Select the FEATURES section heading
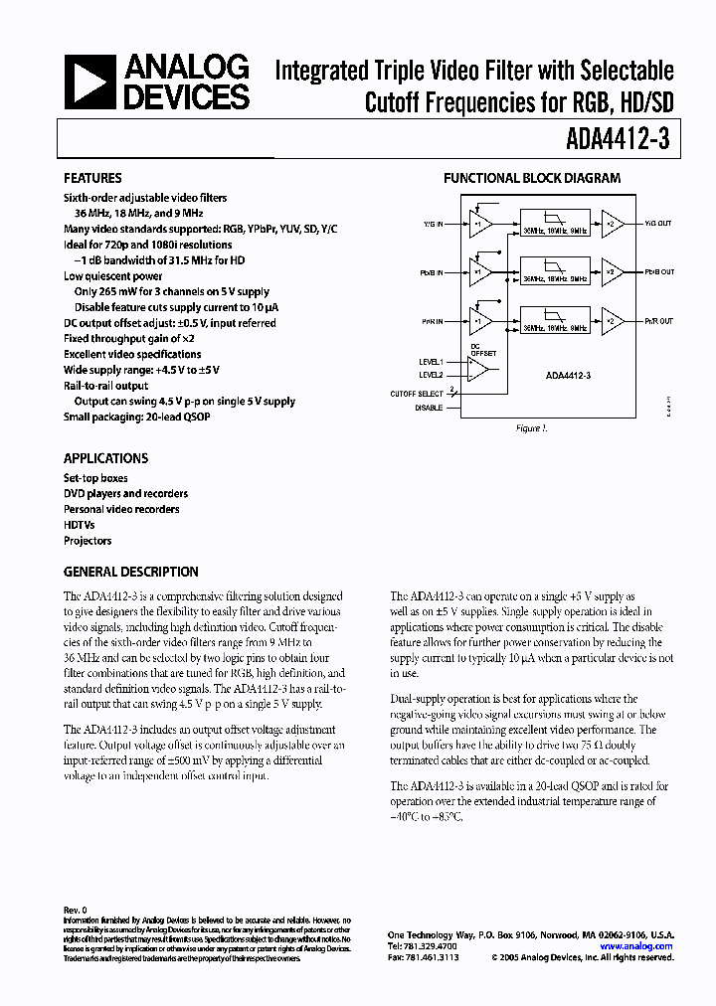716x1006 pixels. click(x=92, y=179)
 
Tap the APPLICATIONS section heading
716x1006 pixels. click(x=105, y=458)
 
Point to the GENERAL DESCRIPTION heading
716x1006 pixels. click(x=130, y=573)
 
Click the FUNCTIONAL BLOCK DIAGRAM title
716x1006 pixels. click(x=531, y=179)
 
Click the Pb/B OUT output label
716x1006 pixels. click(x=658, y=271)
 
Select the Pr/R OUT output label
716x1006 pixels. click(x=658, y=321)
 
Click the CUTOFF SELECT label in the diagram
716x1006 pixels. click(x=417, y=394)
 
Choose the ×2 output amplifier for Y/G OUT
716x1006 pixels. click(x=613, y=223)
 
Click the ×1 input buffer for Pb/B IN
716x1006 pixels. click(x=480, y=271)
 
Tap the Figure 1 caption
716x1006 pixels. click(x=532, y=428)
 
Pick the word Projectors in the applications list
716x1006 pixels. click(x=88, y=541)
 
